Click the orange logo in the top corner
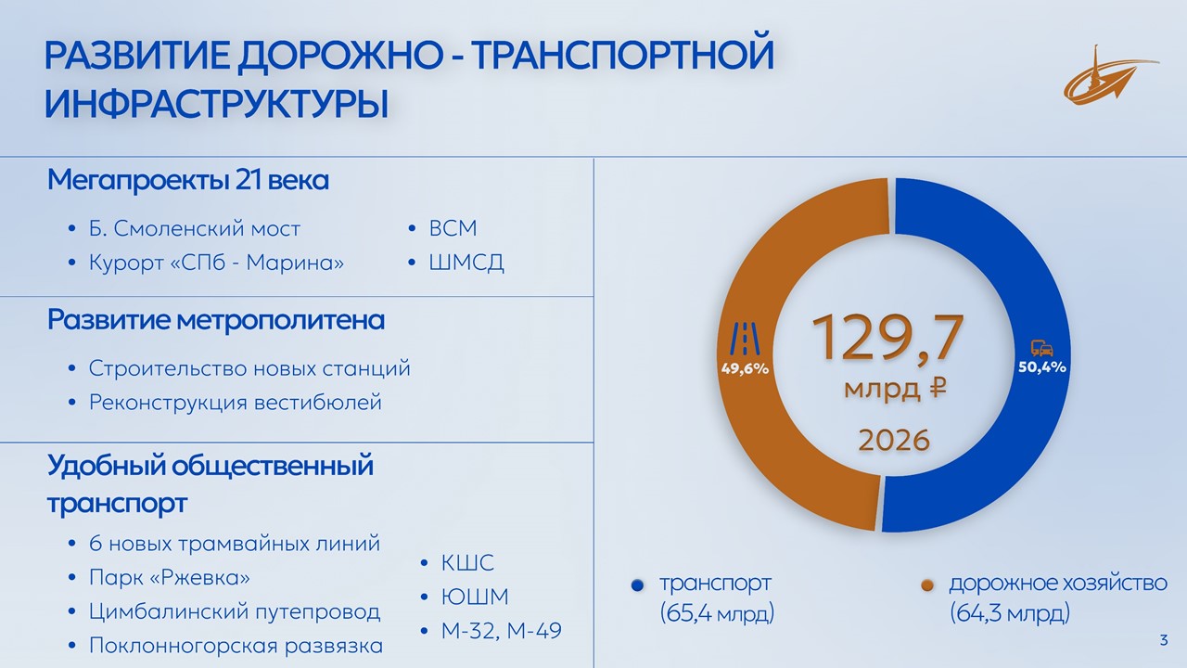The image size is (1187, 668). pos(1109,75)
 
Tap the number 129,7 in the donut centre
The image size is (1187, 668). pos(887,338)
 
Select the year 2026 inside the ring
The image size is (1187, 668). pos(894,440)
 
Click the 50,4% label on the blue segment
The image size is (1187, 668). pos(1041,366)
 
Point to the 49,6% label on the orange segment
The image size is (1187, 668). pos(745,368)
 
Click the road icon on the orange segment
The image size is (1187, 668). pos(745,339)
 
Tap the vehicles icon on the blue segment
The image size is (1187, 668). pos(1041,348)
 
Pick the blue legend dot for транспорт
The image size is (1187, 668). pos(637,585)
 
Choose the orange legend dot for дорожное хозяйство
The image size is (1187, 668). pos(927,585)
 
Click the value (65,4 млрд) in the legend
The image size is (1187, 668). pos(717,613)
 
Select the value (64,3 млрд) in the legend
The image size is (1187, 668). pos(1010,613)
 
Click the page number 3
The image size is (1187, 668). pos(1164,640)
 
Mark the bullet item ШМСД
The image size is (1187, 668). pos(466,263)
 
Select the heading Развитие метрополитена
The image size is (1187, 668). pos(216,320)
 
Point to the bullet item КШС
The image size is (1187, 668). pos(467,563)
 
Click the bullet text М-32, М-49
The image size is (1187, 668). pos(502,631)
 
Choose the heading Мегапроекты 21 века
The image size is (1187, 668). pos(188,180)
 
